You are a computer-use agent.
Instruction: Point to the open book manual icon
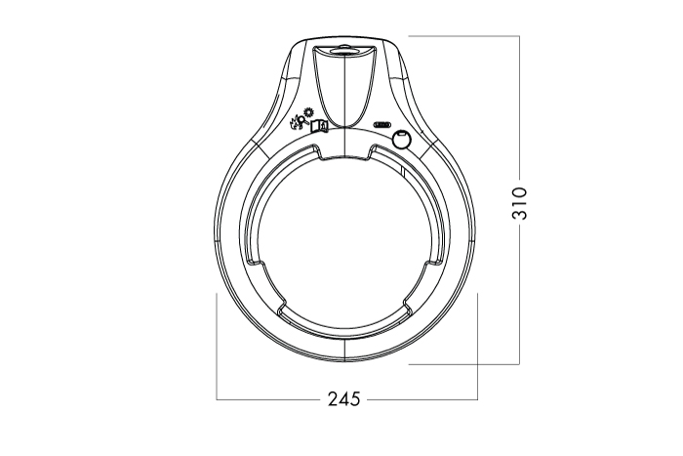point(320,126)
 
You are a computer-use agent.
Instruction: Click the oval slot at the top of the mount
point(345,49)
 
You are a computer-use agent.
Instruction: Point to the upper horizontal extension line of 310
point(463,36)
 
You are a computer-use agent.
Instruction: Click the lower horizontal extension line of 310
point(463,364)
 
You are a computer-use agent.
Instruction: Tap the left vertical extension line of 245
point(217,342)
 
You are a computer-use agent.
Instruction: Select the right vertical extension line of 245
point(477,342)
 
